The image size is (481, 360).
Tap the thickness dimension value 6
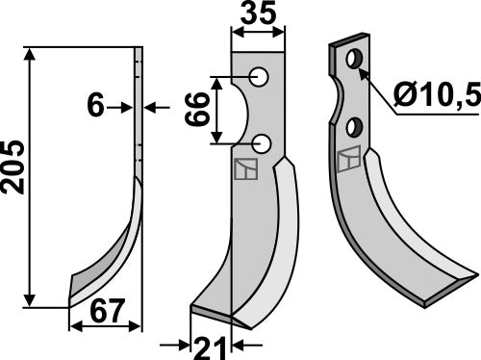pos(94,107)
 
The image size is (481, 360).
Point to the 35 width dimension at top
pos(257,15)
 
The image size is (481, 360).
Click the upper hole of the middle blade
pos(259,76)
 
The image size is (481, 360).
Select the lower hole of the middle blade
pos(263,145)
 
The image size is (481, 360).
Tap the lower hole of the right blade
pos(355,125)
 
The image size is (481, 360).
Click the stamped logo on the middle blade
pos(245,169)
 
